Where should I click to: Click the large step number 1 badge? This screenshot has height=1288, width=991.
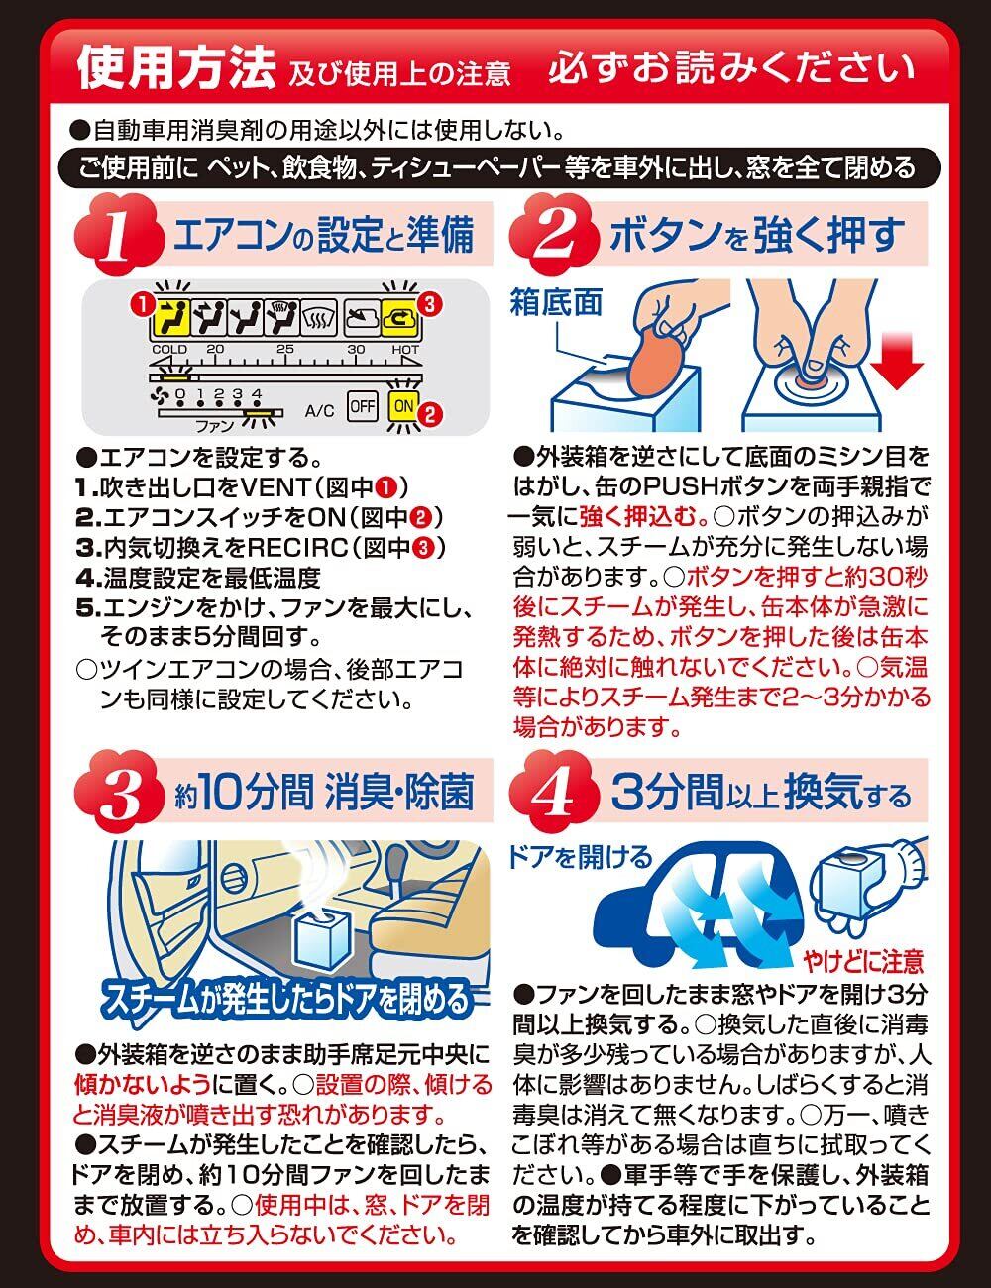pyautogui.click(x=118, y=235)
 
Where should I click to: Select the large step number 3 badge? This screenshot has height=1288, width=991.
pyautogui.click(x=118, y=793)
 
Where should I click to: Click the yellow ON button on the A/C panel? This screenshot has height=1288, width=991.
pyautogui.click(x=403, y=406)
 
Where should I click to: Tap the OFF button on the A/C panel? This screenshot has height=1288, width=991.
pyautogui.click(x=362, y=406)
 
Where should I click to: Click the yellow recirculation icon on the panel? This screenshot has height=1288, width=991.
pyautogui.click(x=399, y=318)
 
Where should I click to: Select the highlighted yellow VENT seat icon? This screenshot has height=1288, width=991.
pyautogui.click(x=172, y=317)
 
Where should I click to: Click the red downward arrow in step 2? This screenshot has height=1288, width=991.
pyautogui.click(x=899, y=361)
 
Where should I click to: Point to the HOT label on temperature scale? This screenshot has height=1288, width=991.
pyautogui.click(x=405, y=349)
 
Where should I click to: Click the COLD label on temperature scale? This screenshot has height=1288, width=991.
pyautogui.click(x=169, y=349)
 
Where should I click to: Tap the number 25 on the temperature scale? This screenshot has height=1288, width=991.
pyautogui.click(x=285, y=349)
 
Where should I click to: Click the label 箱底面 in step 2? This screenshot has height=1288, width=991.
pyautogui.click(x=556, y=302)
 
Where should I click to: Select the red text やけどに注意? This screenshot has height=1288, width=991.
pyautogui.click(x=863, y=961)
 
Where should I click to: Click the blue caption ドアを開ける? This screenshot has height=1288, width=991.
pyautogui.click(x=580, y=857)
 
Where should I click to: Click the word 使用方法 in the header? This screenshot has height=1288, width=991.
pyautogui.click(x=176, y=67)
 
